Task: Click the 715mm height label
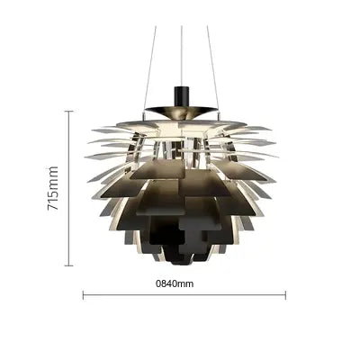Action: tap(53, 188)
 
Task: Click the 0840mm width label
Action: tap(175, 283)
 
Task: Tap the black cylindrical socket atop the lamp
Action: tap(181, 96)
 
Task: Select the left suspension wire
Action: tap(149, 71)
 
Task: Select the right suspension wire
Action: tap(213, 71)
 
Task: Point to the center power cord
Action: tap(182, 57)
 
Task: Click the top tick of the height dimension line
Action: tap(69, 112)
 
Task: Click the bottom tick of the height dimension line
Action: tap(69, 265)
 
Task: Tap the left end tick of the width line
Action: tap(83, 295)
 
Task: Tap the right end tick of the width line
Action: tap(285, 295)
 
